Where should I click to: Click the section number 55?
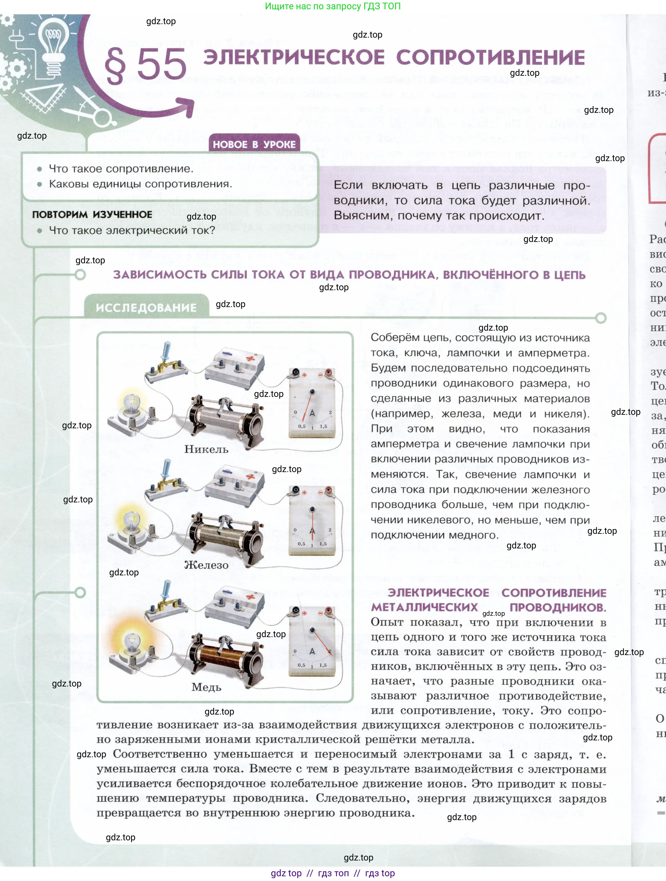[161, 65]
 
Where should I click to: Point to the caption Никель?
[206, 449]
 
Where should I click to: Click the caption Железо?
[206, 565]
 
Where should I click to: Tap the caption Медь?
[206, 687]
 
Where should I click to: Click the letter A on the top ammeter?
[312, 413]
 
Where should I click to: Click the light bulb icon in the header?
[53, 44]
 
